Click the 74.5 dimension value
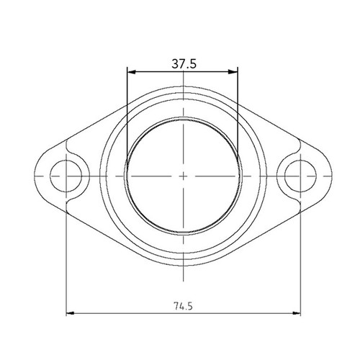184,305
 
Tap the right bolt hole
301,174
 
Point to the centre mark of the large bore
184,175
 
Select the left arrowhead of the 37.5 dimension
130,71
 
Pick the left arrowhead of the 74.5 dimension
69,313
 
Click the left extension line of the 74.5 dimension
66,252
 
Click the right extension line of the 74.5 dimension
301,252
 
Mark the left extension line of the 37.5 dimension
127,108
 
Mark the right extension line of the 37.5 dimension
238,108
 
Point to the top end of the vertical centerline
184,78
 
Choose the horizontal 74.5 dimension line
130,313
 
